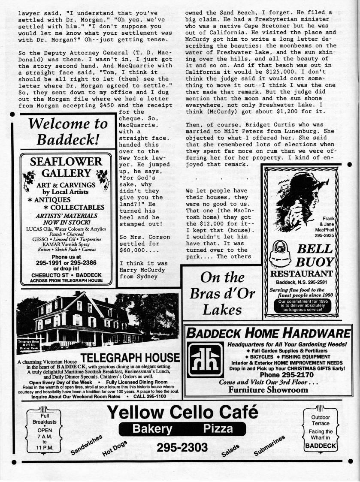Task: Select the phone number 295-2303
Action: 182,447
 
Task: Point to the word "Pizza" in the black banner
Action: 218,428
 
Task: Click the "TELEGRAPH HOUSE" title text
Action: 130,358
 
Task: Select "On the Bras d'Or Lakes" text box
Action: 222,293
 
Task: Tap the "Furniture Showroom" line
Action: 268,390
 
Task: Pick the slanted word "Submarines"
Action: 269,446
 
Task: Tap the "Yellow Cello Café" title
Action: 182,412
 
